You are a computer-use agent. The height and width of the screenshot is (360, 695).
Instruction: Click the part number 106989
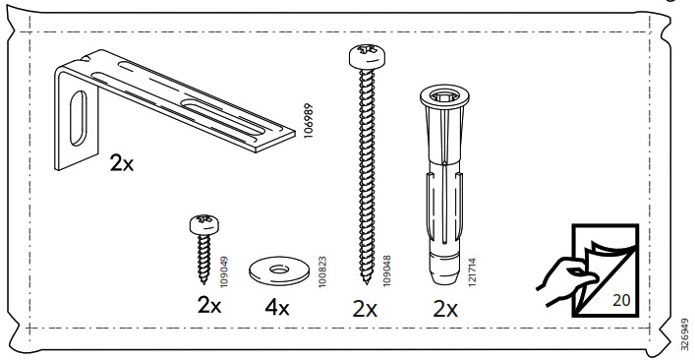(x=309, y=121)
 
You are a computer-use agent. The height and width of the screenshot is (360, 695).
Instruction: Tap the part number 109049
(x=224, y=271)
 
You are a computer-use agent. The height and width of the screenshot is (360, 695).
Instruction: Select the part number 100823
(x=322, y=271)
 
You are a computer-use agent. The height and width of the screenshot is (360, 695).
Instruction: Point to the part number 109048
(x=386, y=270)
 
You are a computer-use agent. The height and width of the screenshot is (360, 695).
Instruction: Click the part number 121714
(x=473, y=272)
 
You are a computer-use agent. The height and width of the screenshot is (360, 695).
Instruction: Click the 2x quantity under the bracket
(x=122, y=164)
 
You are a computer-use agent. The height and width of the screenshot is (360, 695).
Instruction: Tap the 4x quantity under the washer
(x=277, y=307)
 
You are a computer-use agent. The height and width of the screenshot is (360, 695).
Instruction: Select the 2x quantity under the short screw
(x=209, y=306)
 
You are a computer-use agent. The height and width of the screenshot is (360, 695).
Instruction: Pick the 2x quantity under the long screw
(x=365, y=309)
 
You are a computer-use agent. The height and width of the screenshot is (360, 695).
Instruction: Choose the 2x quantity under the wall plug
(x=445, y=309)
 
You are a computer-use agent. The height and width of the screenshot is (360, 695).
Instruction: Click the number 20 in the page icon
(x=621, y=300)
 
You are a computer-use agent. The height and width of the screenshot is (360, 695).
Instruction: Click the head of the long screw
(x=367, y=56)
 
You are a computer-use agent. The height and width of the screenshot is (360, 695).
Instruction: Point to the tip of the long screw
(x=366, y=282)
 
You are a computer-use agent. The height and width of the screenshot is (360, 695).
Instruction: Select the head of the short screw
(x=204, y=224)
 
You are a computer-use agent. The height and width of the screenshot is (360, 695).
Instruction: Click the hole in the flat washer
(x=279, y=270)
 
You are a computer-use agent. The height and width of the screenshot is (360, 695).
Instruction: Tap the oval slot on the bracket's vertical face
(x=79, y=118)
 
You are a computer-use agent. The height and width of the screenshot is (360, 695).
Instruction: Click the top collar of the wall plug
(x=444, y=97)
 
